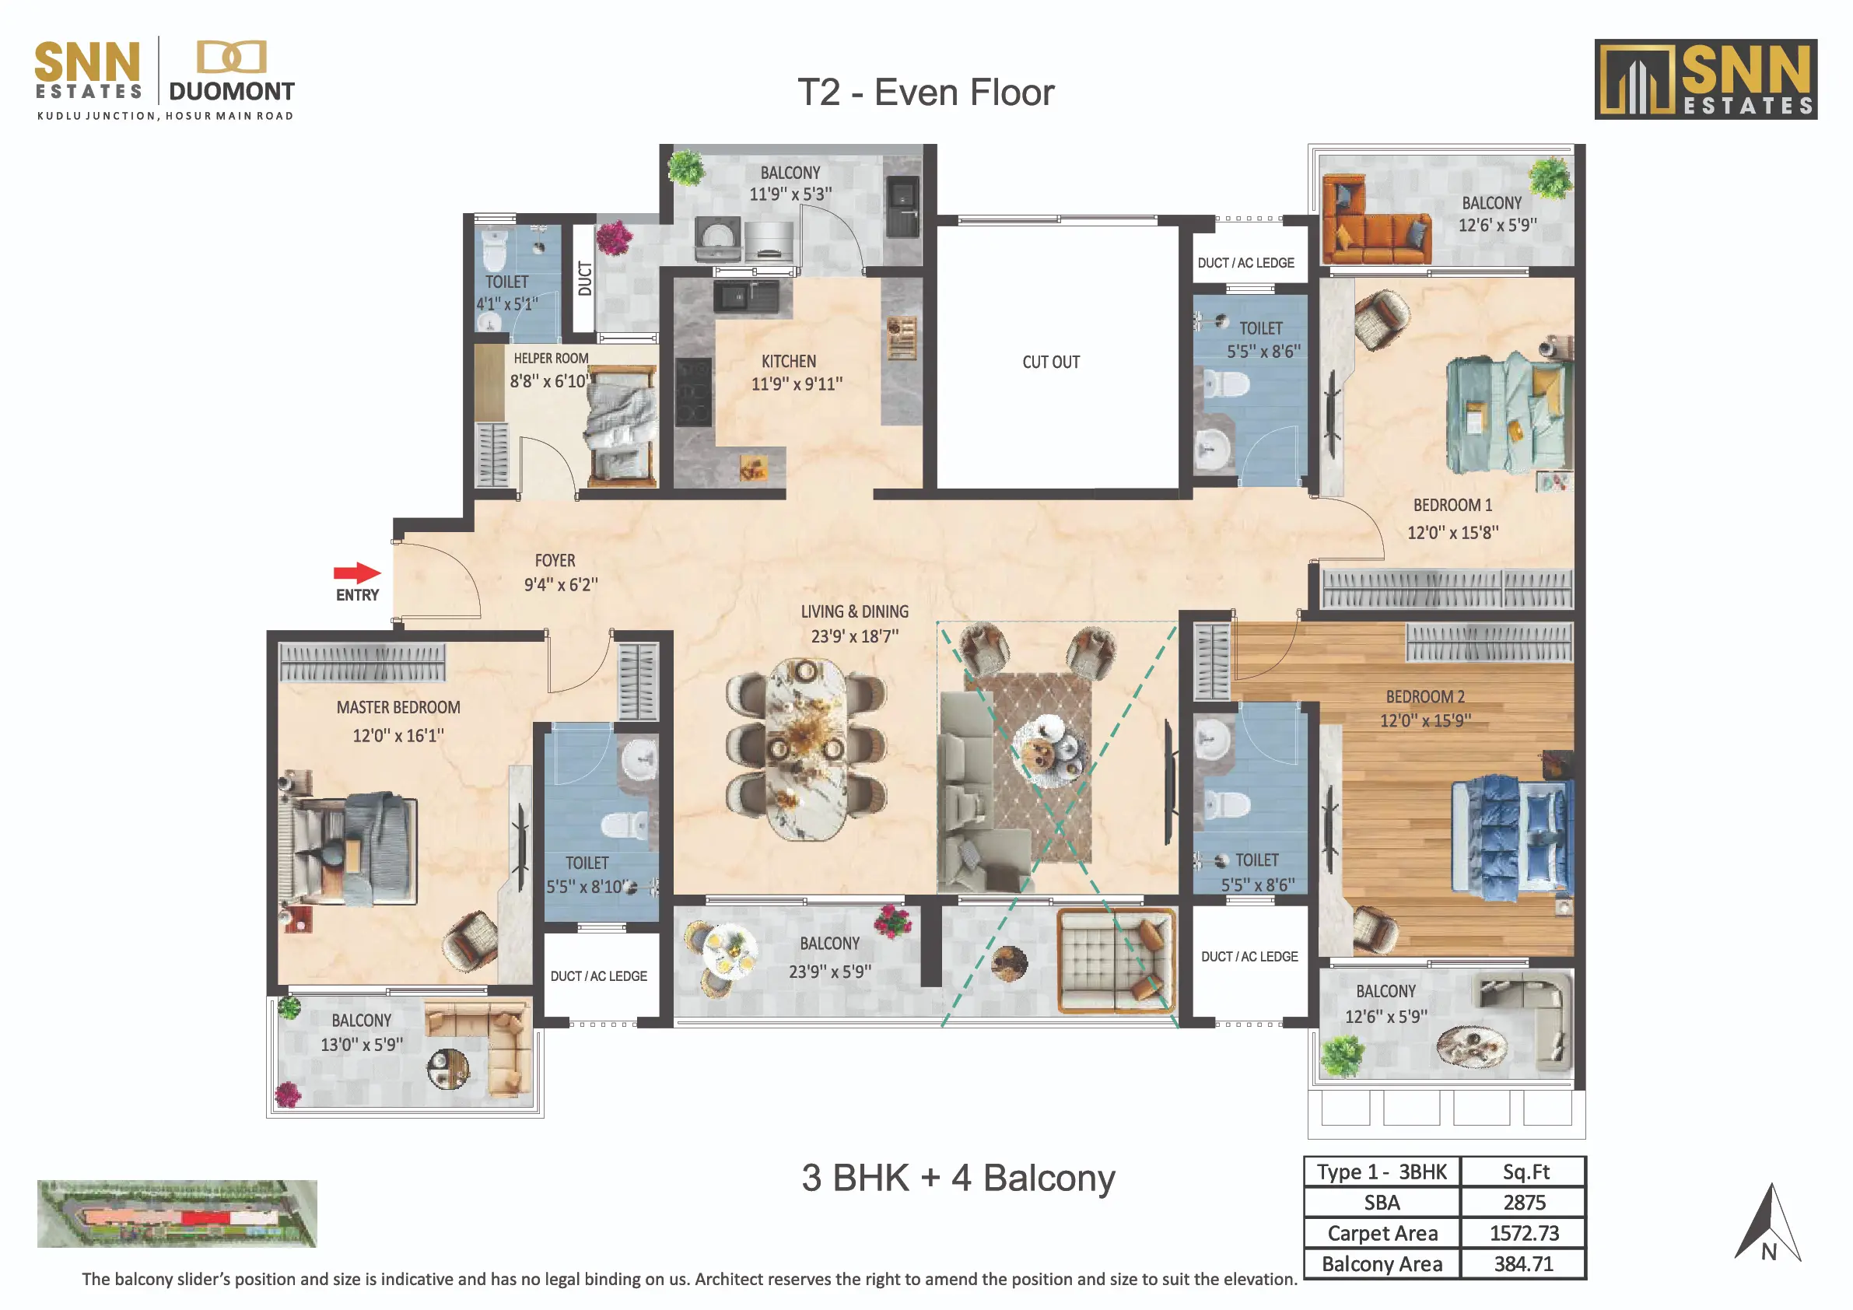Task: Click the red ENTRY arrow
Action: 358,573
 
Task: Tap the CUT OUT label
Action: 1051,363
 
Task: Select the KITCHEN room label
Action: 789,362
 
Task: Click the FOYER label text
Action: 555,560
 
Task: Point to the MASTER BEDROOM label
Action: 399,707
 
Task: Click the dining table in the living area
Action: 805,748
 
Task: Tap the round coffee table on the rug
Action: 1047,750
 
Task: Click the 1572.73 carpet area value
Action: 1524,1232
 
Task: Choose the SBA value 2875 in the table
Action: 1524,1202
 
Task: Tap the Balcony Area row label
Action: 1382,1263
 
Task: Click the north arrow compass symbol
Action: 1767,1224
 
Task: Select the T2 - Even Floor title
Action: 926,93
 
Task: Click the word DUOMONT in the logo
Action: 232,91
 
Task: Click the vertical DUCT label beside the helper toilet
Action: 585,278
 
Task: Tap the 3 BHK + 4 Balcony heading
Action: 958,1178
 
